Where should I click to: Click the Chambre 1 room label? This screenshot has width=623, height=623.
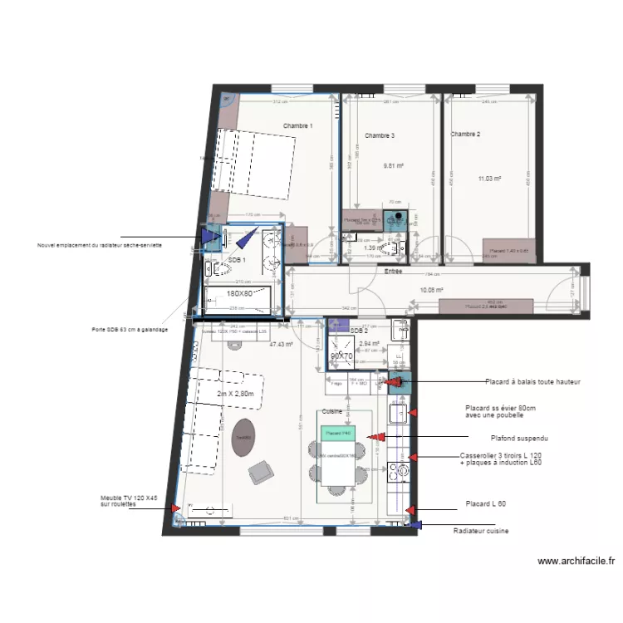[297, 126]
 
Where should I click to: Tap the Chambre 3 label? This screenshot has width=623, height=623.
[380, 135]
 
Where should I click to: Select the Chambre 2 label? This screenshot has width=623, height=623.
[466, 134]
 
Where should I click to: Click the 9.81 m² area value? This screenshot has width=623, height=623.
[393, 165]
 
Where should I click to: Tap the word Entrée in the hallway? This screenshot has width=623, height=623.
[393, 271]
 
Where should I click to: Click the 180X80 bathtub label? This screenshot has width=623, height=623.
[240, 293]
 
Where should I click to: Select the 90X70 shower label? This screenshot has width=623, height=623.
[341, 356]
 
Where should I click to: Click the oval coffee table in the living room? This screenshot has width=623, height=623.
[243, 439]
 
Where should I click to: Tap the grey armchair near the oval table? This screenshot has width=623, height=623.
[261, 473]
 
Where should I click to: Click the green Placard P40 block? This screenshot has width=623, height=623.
[339, 433]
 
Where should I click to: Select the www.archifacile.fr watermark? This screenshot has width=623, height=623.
[576, 562]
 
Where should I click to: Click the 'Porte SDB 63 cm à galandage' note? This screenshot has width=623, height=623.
[130, 329]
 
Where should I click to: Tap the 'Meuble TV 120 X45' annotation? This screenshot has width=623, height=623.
[129, 501]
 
